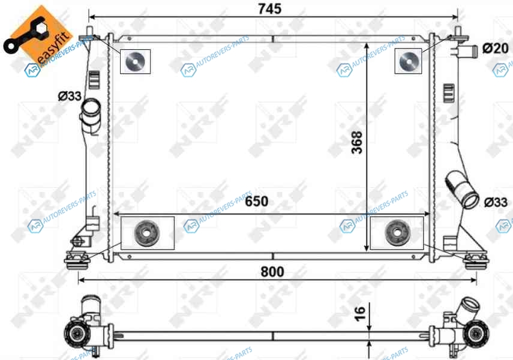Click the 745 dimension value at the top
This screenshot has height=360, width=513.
pyautogui.click(x=269, y=9)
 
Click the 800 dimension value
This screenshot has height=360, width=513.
pyautogui.click(x=272, y=272)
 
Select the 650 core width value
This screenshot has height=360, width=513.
pyautogui.click(x=257, y=201)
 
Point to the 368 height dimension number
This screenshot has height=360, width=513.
pyautogui.click(x=357, y=142)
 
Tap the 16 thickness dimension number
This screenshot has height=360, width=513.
pyautogui.click(x=359, y=314)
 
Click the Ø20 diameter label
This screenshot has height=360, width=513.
pyautogui.click(x=496, y=49)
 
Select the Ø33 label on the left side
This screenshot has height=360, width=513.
pyautogui.click(x=70, y=96)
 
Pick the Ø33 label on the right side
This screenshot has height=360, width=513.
pyautogui.click(x=496, y=202)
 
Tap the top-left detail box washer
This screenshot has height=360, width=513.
pyautogui.click(x=135, y=61)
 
